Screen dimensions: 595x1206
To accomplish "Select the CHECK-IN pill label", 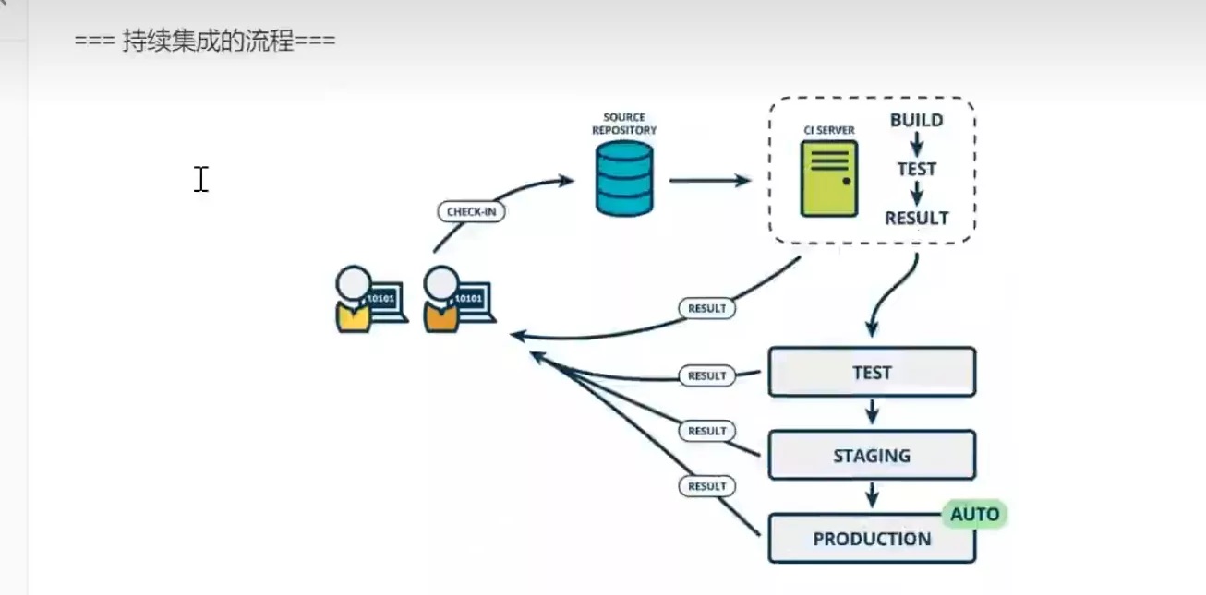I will click(x=471, y=211).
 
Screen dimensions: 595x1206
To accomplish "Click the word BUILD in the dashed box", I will click(x=916, y=120).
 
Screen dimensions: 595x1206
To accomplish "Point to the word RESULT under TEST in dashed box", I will click(x=916, y=219).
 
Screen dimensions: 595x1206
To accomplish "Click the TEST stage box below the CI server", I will click(x=872, y=372).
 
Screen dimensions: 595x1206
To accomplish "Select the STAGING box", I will click(x=872, y=455).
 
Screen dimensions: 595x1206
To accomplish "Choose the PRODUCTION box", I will click(x=872, y=539).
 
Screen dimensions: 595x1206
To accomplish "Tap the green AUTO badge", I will click(x=974, y=514).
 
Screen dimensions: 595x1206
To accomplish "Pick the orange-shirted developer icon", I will click(x=442, y=300).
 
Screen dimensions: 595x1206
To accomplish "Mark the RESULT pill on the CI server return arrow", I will click(x=707, y=308).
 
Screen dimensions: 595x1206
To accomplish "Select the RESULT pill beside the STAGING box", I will click(x=707, y=431).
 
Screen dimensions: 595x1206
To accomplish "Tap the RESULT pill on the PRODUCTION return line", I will click(x=707, y=486).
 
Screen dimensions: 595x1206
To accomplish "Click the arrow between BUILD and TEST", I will click(x=916, y=144).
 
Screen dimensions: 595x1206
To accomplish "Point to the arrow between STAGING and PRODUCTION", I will click(x=871, y=496).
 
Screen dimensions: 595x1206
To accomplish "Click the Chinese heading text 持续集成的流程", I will click(x=208, y=42).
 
